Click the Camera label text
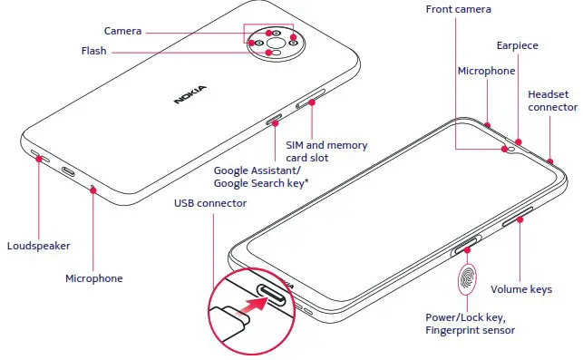pos(123,30)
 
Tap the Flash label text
pos(93,52)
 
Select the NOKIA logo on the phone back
pos(189,93)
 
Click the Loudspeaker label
pos(38,246)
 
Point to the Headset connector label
pos(552,101)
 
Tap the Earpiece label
pos(519,44)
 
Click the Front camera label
pos(459,9)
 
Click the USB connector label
pos(210,203)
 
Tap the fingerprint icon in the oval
pos(469,278)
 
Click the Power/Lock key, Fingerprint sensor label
pos(471,324)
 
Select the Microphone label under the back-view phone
pos(93,278)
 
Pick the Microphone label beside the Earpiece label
pos(486,71)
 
